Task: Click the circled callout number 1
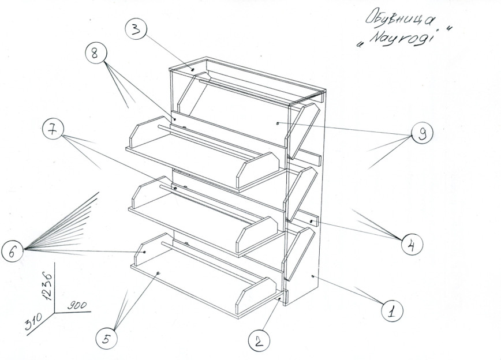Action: pyautogui.click(x=391, y=312)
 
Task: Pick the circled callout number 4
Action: pyautogui.click(x=410, y=245)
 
